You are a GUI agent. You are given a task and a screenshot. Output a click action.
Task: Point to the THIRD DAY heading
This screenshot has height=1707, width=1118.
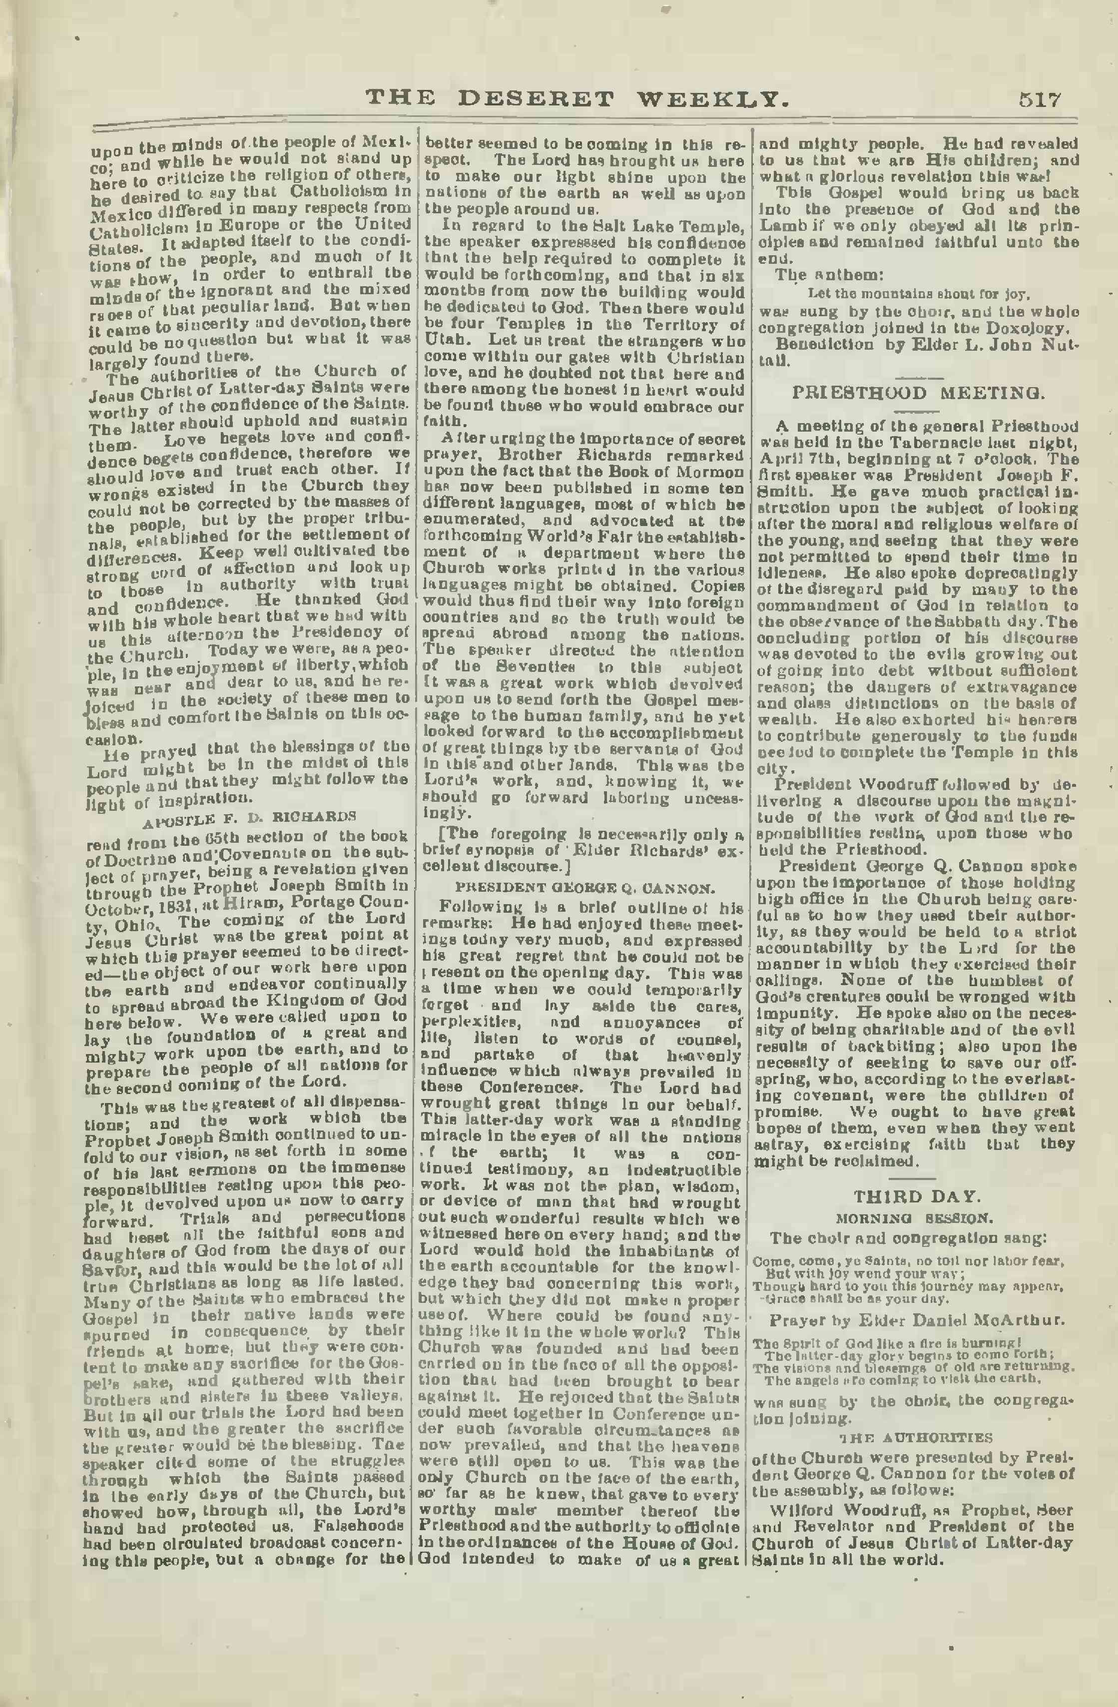917,1197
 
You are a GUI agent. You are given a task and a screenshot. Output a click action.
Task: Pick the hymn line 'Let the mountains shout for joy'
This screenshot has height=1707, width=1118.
919,294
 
